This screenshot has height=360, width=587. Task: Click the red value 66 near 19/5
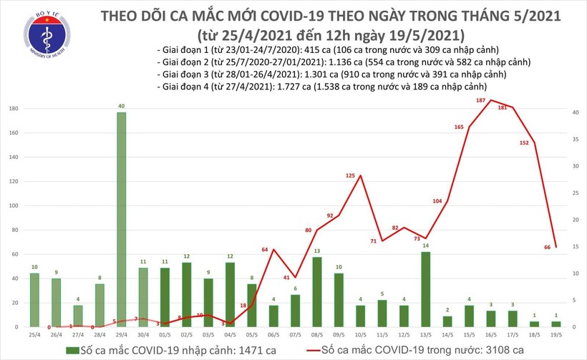(x=547, y=247)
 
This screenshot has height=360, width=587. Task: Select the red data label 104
(x=437, y=201)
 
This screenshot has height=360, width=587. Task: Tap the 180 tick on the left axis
(x=14, y=108)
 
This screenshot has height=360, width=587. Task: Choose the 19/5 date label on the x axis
(x=556, y=334)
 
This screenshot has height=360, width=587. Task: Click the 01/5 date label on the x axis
(x=164, y=334)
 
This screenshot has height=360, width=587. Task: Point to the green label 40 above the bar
(x=122, y=105)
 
